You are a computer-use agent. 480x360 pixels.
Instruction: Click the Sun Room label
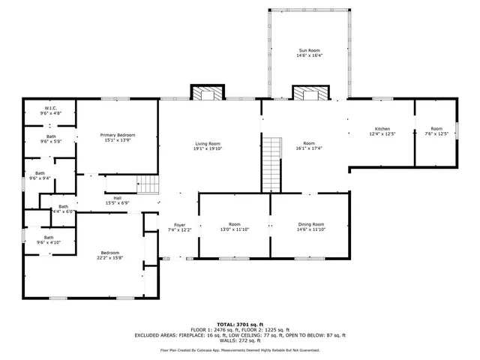pyautogui.click(x=309, y=50)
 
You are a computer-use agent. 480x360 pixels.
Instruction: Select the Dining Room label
pyautogui.click(x=309, y=224)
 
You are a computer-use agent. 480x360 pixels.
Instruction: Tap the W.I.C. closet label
pyautogui.click(x=50, y=108)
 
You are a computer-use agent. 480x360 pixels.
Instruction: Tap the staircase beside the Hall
pyautogui.click(x=148, y=184)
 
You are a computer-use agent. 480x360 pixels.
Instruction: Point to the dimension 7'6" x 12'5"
pyautogui.click(x=436, y=134)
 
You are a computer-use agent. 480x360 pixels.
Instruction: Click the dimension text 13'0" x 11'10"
pyautogui.click(x=234, y=229)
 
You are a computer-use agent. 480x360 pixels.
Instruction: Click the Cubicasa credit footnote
pyautogui.click(x=239, y=349)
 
